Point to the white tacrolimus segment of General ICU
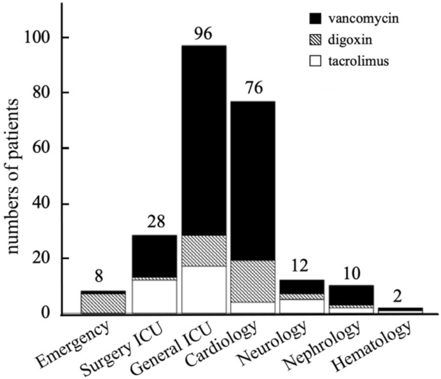tap(203, 289)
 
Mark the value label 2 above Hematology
tap(400, 296)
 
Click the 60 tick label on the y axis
tap(45, 148)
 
